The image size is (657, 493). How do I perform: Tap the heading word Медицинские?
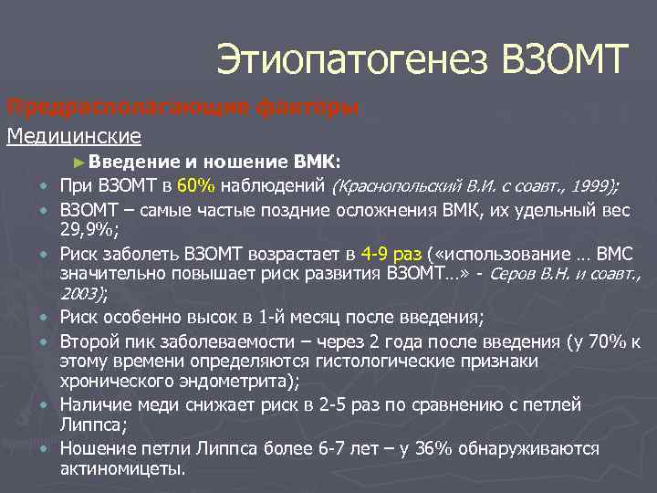coord(74,136)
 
